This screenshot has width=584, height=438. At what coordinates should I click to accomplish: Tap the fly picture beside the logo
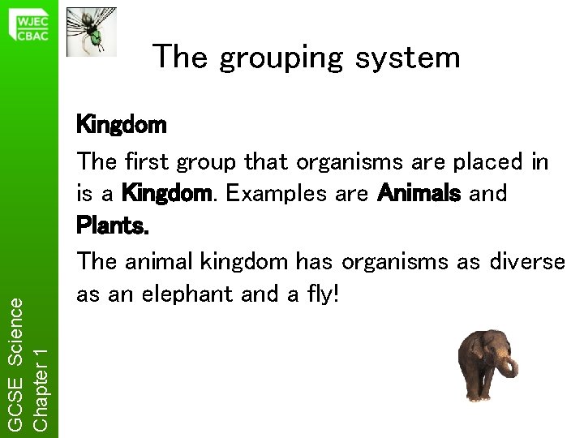click(91, 32)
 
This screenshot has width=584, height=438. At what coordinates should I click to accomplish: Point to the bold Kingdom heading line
click(121, 126)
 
